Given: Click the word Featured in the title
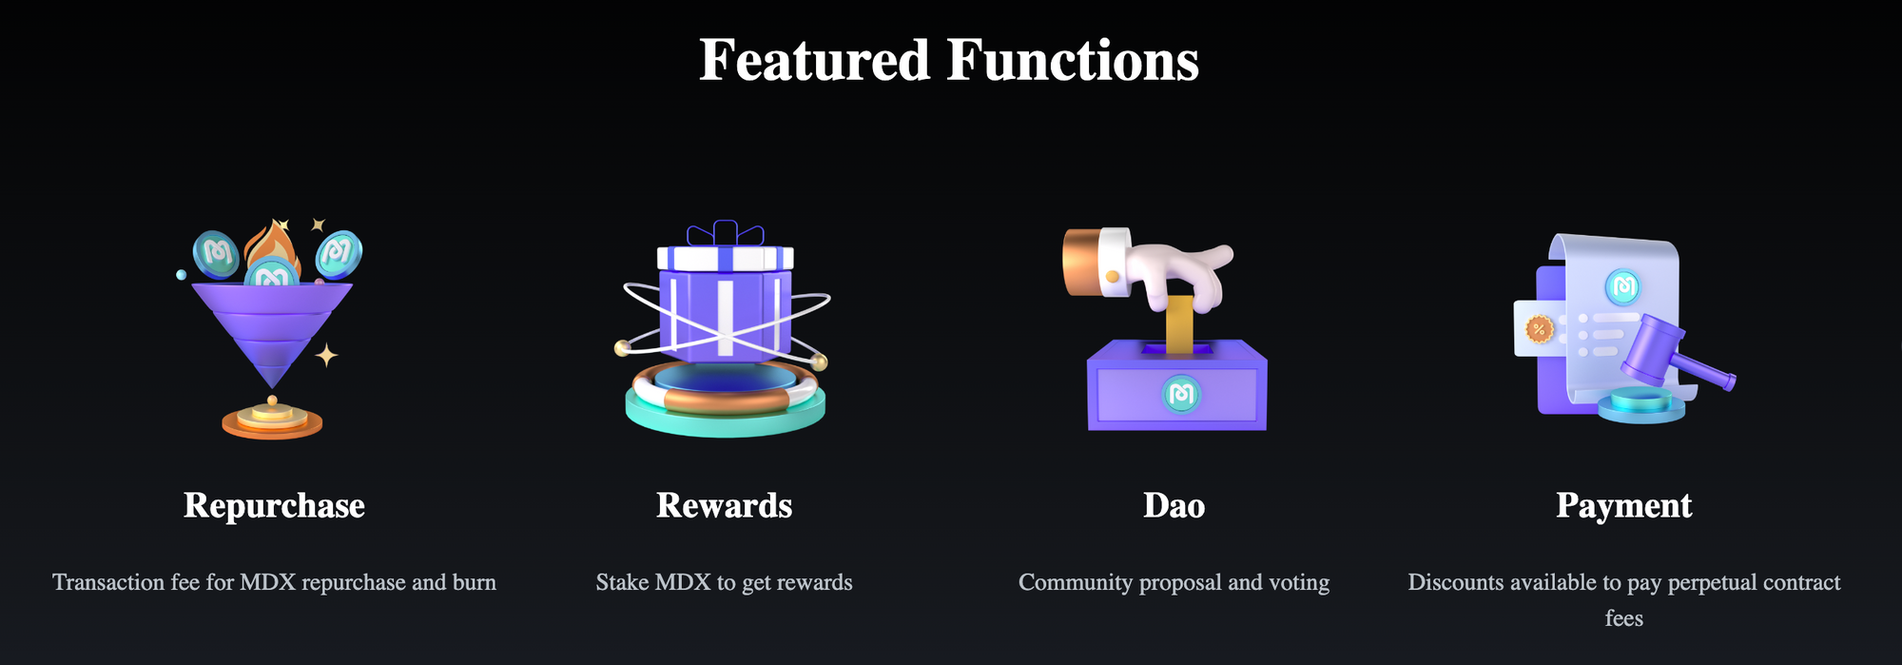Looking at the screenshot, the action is (x=814, y=60).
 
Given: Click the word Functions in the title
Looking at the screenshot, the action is (x=1073, y=60).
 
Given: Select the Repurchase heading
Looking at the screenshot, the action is (x=274, y=506).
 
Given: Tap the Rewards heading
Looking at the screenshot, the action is (x=725, y=505).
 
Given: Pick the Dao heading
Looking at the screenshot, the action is (x=1174, y=505).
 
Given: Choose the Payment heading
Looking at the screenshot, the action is (x=1624, y=506).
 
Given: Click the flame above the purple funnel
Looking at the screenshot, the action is (x=272, y=249).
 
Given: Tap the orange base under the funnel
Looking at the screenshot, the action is (x=272, y=421).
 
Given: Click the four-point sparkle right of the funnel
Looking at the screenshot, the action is (x=326, y=356).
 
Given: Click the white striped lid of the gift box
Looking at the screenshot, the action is (x=725, y=258).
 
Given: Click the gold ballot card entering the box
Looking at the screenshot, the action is (x=1179, y=323).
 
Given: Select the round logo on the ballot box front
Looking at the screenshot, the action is (x=1181, y=394).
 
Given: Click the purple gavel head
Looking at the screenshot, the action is (x=1653, y=347).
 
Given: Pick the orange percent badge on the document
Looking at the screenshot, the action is (x=1539, y=330).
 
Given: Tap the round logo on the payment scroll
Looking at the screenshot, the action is (x=1622, y=286).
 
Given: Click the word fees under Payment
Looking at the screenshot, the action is (x=1624, y=618).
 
